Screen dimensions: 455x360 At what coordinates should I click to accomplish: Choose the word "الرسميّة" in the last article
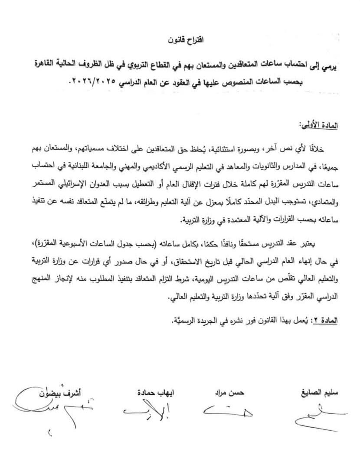click(177, 321)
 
